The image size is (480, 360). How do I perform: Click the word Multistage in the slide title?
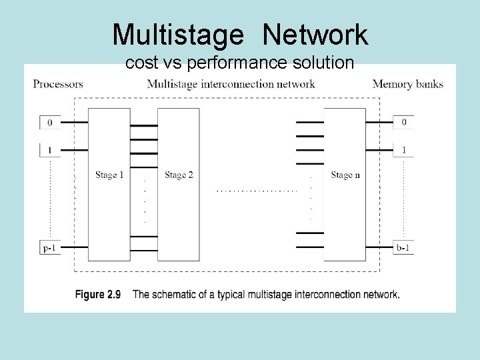click(x=179, y=35)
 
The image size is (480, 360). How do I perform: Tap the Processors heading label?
click(x=58, y=84)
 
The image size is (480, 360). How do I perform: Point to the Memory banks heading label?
click(x=407, y=84)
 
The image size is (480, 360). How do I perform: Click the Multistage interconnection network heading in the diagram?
click(x=231, y=84)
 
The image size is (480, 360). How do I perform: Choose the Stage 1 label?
click(x=109, y=175)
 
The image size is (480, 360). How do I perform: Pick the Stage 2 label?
click(x=179, y=175)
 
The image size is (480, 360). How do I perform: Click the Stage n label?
click(x=345, y=175)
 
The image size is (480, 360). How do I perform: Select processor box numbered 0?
click(x=49, y=123)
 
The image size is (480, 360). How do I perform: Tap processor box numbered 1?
click(x=49, y=150)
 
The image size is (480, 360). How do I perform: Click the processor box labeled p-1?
click(x=49, y=247)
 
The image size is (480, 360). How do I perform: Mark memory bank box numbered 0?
click(x=403, y=123)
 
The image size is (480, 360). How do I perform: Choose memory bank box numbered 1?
click(x=403, y=150)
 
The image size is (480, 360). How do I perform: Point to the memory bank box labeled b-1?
click(x=403, y=247)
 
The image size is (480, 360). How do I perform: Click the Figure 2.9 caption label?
click(x=97, y=295)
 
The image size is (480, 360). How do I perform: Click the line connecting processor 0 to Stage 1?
click(x=74, y=123)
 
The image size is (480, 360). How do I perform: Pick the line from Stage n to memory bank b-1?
click(x=379, y=247)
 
